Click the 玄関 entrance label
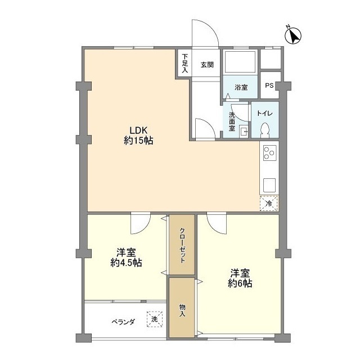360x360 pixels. tap(206, 65)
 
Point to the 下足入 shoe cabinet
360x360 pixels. tap(184, 64)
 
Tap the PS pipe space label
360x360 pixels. tap(269, 86)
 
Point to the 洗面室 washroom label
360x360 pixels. tap(232, 121)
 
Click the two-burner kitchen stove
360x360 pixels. tap(269, 152)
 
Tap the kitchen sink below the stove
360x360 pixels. tap(269, 184)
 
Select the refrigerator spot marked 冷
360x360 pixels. tap(269, 203)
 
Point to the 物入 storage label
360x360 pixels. tap(182, 309)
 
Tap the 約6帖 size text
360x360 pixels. tap(240, 283)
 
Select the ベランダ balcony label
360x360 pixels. tap(123, 322)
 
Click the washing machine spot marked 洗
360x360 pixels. tap(154, 319)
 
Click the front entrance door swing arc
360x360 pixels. tap(205, 34)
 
